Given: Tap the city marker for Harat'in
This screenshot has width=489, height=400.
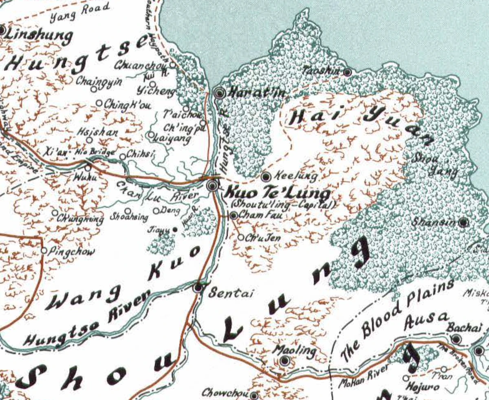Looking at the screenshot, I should [x=220, y=94].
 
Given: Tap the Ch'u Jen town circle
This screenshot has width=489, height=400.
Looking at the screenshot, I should [x=241, y=238].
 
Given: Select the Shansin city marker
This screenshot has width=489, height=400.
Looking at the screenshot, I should [x=463, y=223].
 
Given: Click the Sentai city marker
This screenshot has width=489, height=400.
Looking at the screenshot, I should [x=198, y=288].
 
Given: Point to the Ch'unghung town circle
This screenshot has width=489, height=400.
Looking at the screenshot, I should [x=55, y=213].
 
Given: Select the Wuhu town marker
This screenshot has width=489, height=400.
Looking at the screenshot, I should [x=88, y=168].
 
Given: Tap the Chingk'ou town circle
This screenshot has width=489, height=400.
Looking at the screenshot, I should [x=99, y=103].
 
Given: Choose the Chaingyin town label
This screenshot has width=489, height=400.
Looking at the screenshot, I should [x=99, y=81].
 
